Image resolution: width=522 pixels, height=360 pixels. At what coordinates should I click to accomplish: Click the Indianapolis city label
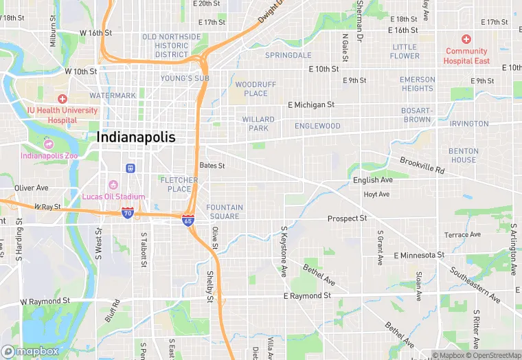(136, 137)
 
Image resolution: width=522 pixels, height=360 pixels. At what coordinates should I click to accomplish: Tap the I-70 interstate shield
(128, 214)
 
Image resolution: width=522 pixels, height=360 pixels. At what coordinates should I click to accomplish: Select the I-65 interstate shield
(188, 221)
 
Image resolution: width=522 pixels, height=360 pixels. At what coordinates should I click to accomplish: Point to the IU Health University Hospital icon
(63, 100)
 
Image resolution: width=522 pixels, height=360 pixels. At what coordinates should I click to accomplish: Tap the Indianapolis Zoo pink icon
(49, 144)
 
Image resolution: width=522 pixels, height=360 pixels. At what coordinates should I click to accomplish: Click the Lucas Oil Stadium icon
(113, 185)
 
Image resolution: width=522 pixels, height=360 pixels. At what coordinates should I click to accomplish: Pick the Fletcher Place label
(179, 184)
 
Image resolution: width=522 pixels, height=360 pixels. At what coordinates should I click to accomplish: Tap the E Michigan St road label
(310, 105)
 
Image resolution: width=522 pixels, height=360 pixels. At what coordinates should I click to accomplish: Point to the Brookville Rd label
(422, 165)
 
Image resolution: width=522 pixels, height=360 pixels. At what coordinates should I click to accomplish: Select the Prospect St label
(347, 218)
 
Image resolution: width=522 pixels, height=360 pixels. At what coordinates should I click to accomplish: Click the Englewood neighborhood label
(317, 126)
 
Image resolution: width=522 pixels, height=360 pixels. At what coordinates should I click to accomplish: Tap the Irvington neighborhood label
(468, 124)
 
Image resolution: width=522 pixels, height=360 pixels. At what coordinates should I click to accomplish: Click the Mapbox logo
(30, 351)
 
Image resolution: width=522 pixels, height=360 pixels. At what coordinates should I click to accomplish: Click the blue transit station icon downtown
(130, 168)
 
